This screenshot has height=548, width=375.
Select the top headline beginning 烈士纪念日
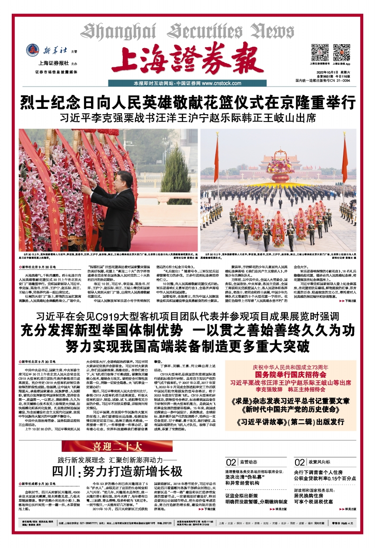tap(187, 103)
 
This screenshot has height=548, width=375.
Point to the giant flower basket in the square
tap(280, 169)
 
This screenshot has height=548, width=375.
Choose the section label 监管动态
tap(250, 462)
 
